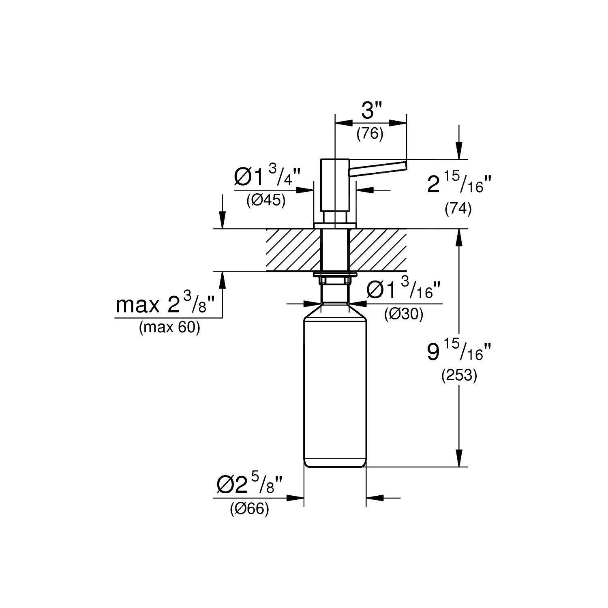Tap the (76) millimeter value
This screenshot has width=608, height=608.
[370, 133]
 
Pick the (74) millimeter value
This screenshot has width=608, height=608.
[458, 209]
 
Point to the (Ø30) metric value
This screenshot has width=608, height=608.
[404, 314]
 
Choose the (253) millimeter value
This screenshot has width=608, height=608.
[459, 376]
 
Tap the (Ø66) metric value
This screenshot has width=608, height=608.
[249, 509]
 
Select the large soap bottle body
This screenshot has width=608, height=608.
[335, 389]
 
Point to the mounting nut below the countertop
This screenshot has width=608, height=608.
[335, 279]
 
